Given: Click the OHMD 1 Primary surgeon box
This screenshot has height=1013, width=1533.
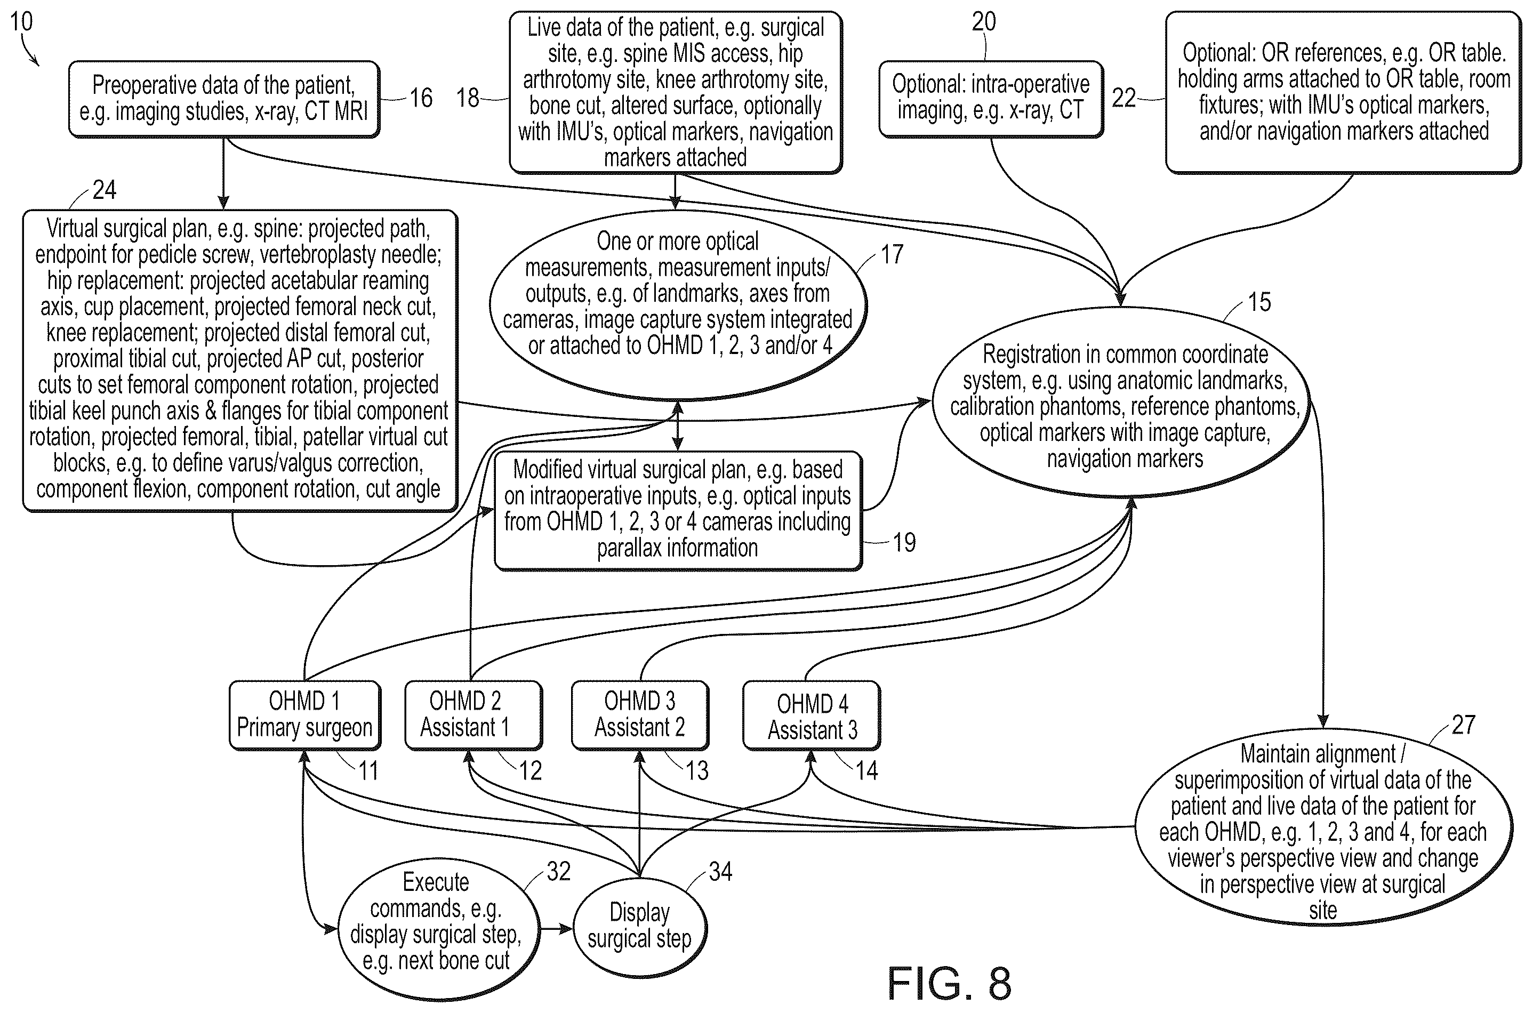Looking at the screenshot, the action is (305, 715).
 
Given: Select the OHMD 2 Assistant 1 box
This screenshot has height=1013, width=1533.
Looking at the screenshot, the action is (473, 715).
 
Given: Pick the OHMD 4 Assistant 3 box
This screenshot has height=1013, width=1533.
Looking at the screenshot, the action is (812, 715).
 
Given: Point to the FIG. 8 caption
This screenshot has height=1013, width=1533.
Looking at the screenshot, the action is (949, 983).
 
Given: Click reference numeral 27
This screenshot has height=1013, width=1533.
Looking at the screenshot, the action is (1463, 725).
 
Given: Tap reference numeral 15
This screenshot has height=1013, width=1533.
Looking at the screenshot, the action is (1259, 302).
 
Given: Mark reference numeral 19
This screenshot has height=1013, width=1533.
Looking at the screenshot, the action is (904, 542).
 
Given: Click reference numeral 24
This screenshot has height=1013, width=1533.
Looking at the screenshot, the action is (105, 190).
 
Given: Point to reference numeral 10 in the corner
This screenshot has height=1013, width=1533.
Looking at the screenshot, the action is (21, 21).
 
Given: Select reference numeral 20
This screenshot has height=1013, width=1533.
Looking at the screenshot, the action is (984, 21).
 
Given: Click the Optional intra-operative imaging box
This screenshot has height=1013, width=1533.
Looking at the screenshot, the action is (991, 99).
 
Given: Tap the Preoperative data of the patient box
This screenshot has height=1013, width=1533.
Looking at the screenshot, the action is (223, 99).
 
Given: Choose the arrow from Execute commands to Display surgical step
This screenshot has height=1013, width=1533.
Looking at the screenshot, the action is (556, 929).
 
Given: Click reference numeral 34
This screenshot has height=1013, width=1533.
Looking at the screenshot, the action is (720, 872).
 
